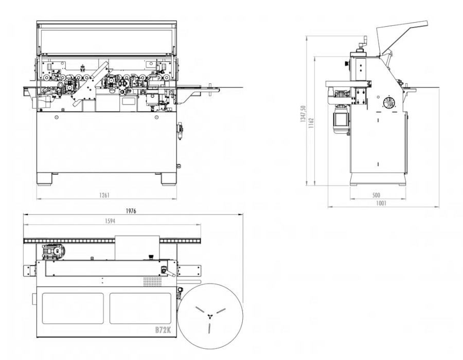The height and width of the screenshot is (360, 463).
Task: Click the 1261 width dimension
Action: (104, 195)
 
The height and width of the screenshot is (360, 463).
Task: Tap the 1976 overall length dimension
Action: (131, 211)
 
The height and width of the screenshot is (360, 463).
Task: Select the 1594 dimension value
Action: (110, 221)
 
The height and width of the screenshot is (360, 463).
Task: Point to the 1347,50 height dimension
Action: (303, 114)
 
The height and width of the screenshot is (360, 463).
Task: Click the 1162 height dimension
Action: (311, 123)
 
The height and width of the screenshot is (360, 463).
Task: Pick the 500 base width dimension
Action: (377, 195)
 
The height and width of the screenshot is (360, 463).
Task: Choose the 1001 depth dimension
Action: (381, 203)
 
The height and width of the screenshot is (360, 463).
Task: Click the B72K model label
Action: (163, 330)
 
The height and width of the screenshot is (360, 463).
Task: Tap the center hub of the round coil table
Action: (210, 316)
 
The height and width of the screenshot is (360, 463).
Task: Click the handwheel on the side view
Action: (389, 103)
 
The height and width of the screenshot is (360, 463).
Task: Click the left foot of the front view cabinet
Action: (44, 179)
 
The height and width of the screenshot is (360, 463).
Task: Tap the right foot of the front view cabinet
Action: (169, 179)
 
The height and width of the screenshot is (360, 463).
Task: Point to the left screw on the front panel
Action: (57, 117)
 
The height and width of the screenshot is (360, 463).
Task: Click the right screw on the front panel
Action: (156, 117)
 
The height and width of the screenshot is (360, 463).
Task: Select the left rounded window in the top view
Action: (73, 308)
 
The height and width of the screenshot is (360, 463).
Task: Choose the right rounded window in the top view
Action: (140, 308)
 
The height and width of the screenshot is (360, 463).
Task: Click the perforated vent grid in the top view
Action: (153, 281)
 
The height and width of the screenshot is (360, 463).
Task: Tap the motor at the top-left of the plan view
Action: (54, 252)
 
